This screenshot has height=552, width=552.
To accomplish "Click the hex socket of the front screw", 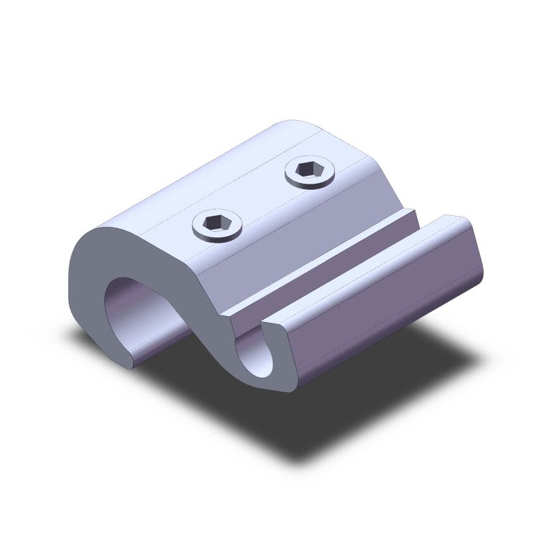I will pos(217,223).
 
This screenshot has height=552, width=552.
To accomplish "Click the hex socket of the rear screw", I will pos(309,168).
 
